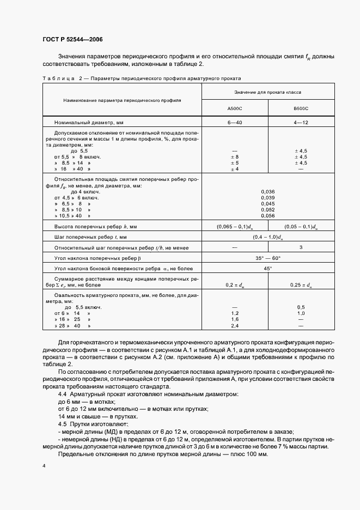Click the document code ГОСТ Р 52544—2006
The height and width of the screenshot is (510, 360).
click(x=72, y=40)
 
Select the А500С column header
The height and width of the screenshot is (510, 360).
click(x=235, y=109)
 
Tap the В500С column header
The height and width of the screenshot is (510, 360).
click(x=301, y=109)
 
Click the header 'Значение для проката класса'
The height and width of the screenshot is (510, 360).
click(x=268, y=93)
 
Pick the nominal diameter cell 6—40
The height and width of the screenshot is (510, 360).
click(x=235, y=123)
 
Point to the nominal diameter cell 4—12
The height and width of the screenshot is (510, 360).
click(x=301, y=123)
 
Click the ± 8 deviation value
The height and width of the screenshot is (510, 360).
click(x=235, y=157)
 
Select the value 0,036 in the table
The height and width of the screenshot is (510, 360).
click(x=267, y=191)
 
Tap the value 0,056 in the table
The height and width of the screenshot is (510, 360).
click(x=267, y=215)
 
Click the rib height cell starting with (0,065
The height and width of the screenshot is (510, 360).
click(x=235, y=226)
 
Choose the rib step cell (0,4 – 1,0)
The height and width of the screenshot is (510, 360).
click(x=267, y=237)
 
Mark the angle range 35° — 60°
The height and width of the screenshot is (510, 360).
click(x=267, y=258)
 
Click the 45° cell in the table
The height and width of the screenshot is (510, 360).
click(x=267, y=269)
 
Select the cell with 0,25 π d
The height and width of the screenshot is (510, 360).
click(x=301, y=285)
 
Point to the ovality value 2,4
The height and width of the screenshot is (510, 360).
click(x=235, y=325)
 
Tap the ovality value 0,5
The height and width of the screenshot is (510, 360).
click(x=301, y=307)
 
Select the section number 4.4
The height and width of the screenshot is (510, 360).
click(x=63, y=393)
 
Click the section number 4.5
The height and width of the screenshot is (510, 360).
click(x=63, y=423)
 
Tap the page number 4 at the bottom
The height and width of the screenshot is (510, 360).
click(x=44, y=466)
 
